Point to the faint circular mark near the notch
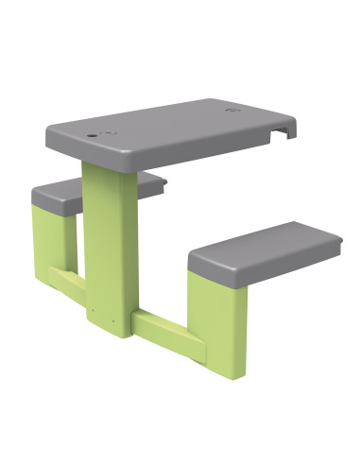tap(233, 111)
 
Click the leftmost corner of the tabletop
tap(46, 131)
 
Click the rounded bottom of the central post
tap(108, 329)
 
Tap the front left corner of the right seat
tap(192, 261)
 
